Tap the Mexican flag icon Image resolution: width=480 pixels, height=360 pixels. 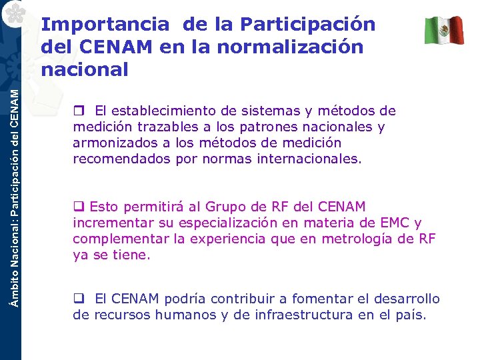pyautogui.click(x=444, y=30)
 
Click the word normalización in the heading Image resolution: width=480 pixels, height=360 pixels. pyautogui.click(x=299, y=47)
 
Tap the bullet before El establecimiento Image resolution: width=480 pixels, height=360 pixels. pyautogui.click(x=77, y=111)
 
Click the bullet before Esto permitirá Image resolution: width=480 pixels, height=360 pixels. pyautogui.click(x=77, y=207)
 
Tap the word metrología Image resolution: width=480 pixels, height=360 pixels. pyautogui.click(x=358, y=239)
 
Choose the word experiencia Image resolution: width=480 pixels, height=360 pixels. pyautogui.click(x=218, y=239)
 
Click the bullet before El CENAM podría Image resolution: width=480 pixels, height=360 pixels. pyautogui.click(x=77, y=299)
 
